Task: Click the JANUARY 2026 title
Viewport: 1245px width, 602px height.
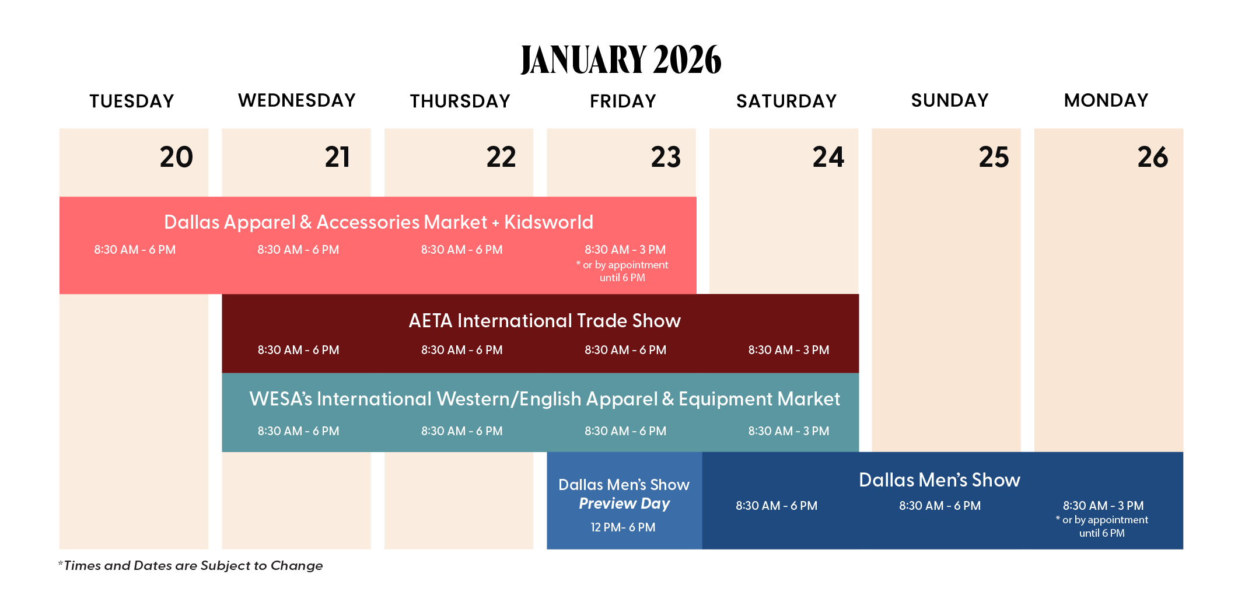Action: click(x=621, y=60)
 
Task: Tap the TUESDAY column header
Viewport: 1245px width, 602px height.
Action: click(x=132, y=101)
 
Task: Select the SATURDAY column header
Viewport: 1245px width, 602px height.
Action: click(x=786, y=101)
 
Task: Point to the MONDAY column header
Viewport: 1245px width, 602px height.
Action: click(x=1106, y=100)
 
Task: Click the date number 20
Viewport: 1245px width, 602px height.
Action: click(x=176, y=157)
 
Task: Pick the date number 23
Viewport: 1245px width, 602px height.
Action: click(x=666, y=157)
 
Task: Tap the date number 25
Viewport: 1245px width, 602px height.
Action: click(x=994, y=157)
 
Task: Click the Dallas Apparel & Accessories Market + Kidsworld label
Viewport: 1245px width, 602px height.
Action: click(x=379, y=222)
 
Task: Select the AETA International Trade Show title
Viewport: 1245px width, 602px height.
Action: click(x=545, y=321)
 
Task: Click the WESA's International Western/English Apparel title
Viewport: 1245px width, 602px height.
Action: click(x=545, y=399)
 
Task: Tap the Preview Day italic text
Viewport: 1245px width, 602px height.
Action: click(x=624, y=503)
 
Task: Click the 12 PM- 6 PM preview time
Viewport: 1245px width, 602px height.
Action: click(x=623, y=527)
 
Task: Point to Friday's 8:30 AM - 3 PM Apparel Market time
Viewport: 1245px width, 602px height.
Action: click(x=625, y=250)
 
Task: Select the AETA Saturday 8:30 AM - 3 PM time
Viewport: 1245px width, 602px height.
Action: click(x=789, y=350)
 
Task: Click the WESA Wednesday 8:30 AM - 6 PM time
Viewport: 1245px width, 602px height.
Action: click(x=299, y=431)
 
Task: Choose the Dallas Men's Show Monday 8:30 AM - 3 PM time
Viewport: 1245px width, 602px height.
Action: click(x=1103, y=506)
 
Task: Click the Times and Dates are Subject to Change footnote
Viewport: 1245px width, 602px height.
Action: click(x=190, y=565)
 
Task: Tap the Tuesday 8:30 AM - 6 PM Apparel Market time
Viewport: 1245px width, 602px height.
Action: click(x=135, y=250)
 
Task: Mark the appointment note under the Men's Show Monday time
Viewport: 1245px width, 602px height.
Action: click(x=1102, y=526)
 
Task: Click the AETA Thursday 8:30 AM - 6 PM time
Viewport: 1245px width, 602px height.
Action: click(x=462, y=350)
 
